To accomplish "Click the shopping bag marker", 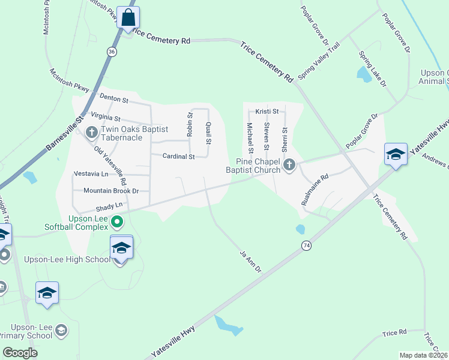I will pyautogui.click(x=128, y=17).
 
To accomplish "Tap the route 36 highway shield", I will pyautogui.click(x=112, y=52).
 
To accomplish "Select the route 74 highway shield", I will pyautogui.click(x=307, y=245).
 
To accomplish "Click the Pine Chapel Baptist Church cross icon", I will pyautogui.click(x=289, y=164).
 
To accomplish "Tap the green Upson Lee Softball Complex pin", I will pyautogui.click(x=118, y=223).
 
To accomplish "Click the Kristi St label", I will pyautogui.click(x=267, y=112).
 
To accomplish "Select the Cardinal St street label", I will pyautogui.click(x=179, y=157).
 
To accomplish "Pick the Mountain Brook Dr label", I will pyautogui.click(x=111, y=191).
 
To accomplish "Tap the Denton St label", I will pyautogui.click(x=114, y=97).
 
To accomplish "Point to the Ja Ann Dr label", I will pyautogui.click(x=250, y=262).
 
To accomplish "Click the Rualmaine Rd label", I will pyautogui.click(x=315, y=190).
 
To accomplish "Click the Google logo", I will pyautogui.click(x=20, y=352).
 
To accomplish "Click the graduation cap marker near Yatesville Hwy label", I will pyautogui.click(x=396, y=154).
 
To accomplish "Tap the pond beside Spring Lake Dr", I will pyautogui.click(x=364, y=74).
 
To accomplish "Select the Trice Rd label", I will pyautogui.click(x=394, y=332).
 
